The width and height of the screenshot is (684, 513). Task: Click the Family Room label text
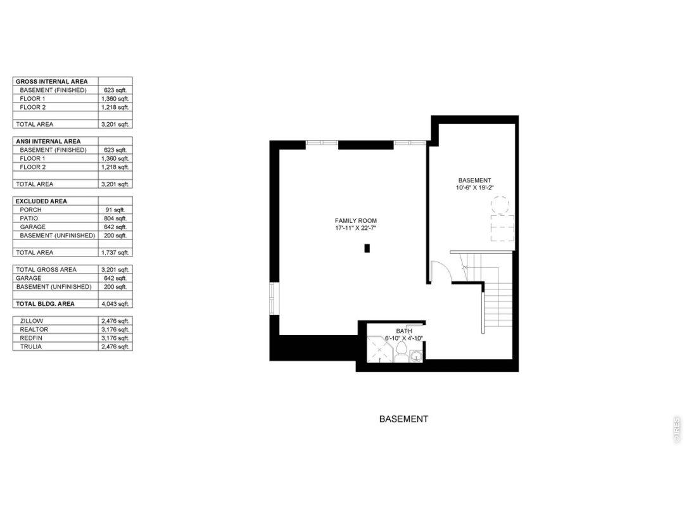pyautogui.click(x=355, y=221)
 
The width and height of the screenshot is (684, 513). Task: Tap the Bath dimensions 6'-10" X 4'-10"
pyautogui.click(x=404, y=338)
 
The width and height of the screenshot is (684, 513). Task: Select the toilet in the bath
pyautogui.click(x=402, y=351)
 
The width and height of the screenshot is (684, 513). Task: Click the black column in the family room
pyautogui.click(x=367, y=248)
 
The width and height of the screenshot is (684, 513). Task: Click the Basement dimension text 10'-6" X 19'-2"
pyautogui.click(x=474, y=188)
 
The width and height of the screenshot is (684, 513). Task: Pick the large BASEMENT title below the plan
pyautogui.click(x=403, y=419)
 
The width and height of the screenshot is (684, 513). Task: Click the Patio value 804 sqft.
pyautogui.click(x=115, y=218)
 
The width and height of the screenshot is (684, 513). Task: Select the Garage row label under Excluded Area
pyautogui.click(x=33, y=227)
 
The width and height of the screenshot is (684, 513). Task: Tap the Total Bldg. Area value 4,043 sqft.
pyautogui.click(x=115, y=303)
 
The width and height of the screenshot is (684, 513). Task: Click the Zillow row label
pyautogui.click(x=32, y=320)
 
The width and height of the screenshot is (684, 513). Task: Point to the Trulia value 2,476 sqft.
pyautogui.click(x=115, y=346)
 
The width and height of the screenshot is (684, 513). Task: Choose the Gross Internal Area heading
pyautogui.click(x=51, y=82)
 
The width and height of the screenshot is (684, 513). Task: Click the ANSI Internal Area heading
pyautogui.click(x=48, y=141)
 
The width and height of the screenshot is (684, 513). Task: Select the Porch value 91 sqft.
pyautogui.click(x=115, y=210)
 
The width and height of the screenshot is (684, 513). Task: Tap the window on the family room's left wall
pyautogui.click(x=274, y=298)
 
